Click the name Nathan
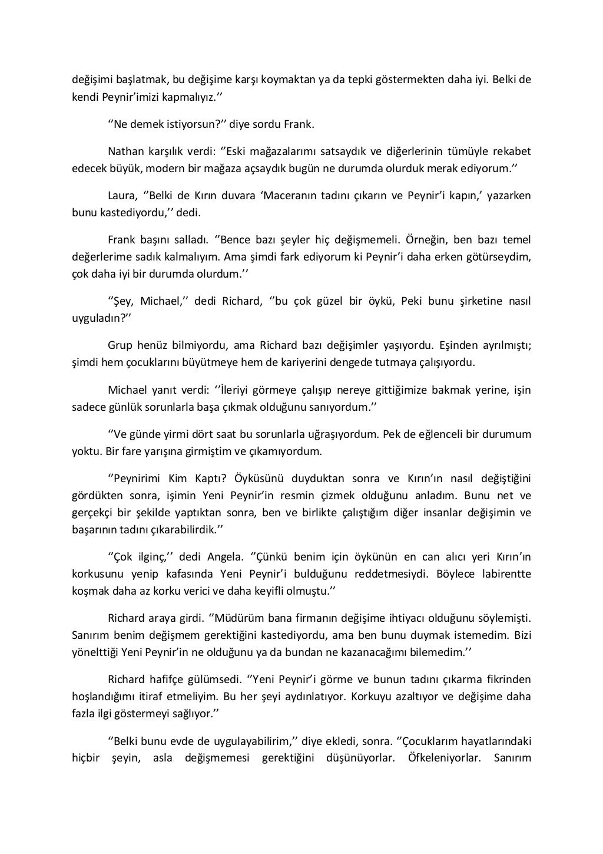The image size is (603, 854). pyautogui.click(x=125, y=151)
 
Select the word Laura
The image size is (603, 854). pyautogui.click(x=122, y=196)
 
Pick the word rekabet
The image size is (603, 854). pyautogui.click(x=511, y=151)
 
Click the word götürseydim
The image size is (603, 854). pyautogui.click(x=498, y=257)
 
